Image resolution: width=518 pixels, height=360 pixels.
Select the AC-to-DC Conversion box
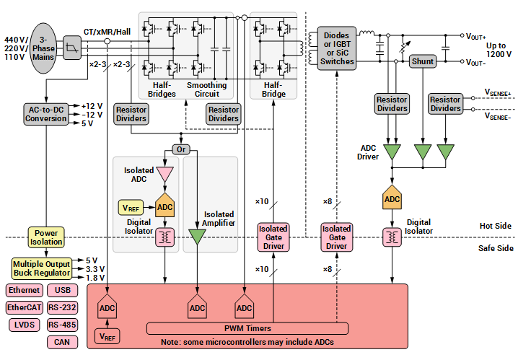tap(45, 114)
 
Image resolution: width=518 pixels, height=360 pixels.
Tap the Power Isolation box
tap(46, 237)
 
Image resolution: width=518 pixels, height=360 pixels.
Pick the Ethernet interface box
tap(24, 291)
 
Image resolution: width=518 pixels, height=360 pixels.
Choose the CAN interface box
tap(62, 342)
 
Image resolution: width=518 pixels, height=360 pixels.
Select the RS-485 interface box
tap(62, 325)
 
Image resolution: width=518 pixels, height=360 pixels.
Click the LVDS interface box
tap(24, 325)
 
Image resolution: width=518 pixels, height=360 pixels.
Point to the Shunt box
tap(422, 61)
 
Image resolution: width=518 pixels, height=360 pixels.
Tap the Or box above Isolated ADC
tap(180, 149)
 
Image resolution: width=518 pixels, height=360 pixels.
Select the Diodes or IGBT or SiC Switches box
tap(338, 48)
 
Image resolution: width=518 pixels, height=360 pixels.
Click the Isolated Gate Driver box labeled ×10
tap(273, 237)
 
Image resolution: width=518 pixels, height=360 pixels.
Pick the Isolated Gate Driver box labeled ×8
tap(336, 237)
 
